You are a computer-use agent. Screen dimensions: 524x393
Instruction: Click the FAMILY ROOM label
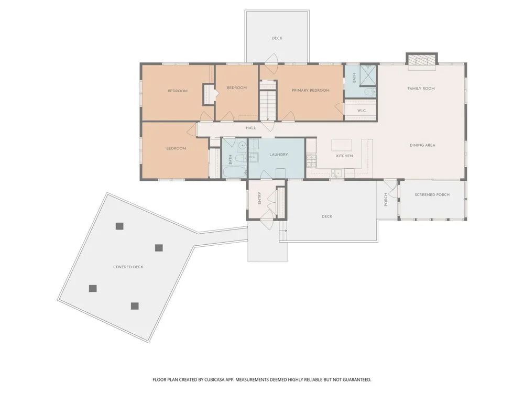pyautogui.click(x=421, y=89)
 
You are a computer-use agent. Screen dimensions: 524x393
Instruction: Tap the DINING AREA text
pyautogui.click(x=422, y=145)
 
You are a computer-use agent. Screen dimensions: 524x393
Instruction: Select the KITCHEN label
pyautogui.click(x=345, y=156)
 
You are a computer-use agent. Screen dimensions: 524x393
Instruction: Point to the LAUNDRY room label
pyautogui.click(x=279, y=155)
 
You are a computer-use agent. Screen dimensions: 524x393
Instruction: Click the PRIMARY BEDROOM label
pyautogui.click(x=310, y=90)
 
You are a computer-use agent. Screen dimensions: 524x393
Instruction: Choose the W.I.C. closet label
pyautogui.click(x=362, y=110)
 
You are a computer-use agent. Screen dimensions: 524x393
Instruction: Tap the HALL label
pyautogui.click(x=251, y=128)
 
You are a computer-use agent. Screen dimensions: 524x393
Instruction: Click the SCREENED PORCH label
pyautogui.click(x=432, y=194)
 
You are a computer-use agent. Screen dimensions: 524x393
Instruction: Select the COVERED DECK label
pyautogui.click(x=128, y=267)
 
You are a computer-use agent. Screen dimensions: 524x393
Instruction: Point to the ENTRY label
pyautogui.click(x=260, y=198)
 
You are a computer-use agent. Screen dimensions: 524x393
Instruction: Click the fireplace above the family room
pyautogui.click(x=422, y=59)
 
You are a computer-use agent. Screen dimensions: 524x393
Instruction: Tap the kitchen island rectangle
pyautogui.click(x=342, y=145)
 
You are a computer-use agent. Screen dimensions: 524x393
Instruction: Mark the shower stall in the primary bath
pyautogui.click(x=368, y=75)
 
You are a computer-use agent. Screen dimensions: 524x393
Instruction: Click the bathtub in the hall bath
pyautogui.click(x=235, y=171)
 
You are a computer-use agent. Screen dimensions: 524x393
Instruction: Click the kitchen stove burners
pyautogui.click(x=311, y=161)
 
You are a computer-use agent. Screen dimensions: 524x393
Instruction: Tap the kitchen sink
pyautogui.click(x=336, y=173)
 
